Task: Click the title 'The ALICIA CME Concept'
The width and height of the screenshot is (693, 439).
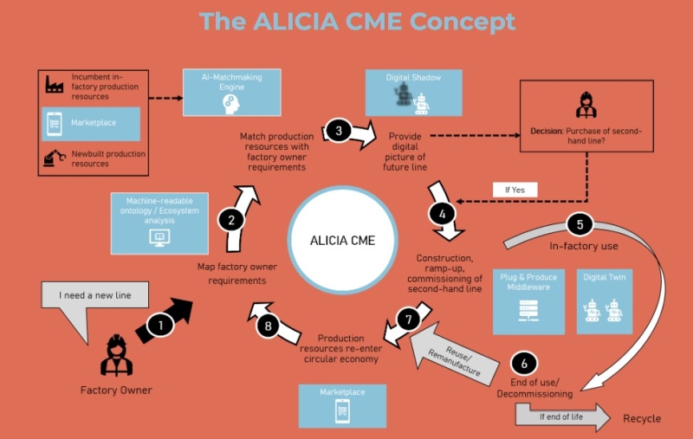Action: click(357, 21)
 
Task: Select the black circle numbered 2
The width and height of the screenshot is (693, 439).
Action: click(231, 220)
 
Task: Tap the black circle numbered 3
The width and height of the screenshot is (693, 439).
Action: click(340, 131)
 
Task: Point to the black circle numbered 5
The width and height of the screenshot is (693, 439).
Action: click(580, 224)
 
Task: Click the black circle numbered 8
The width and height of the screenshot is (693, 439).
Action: click(269, 326)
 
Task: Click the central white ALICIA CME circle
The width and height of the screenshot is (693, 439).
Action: click(343, 240)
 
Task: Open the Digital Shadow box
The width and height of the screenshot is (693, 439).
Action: click(414, 94)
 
